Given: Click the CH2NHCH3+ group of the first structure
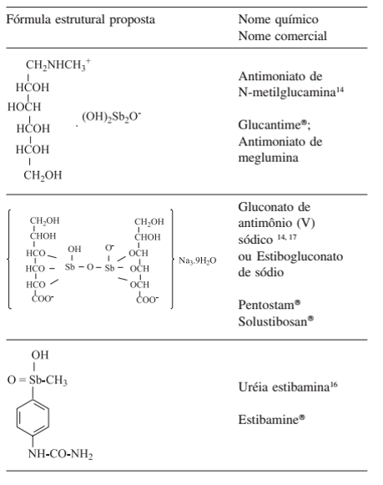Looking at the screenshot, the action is (58, 66).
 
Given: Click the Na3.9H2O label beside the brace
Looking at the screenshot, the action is (199, 261).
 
